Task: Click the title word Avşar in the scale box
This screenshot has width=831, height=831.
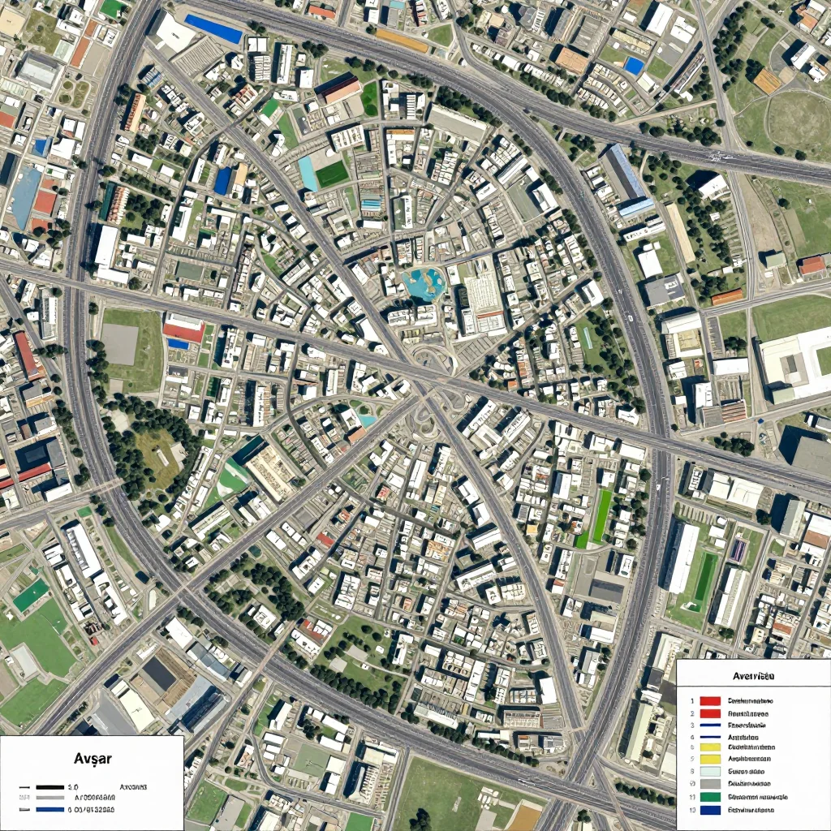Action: pos(92,759)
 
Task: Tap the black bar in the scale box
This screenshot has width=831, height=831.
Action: pos(50,787)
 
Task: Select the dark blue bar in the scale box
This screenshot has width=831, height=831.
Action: pos(50,809)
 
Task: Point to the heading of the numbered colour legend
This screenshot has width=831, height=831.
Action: pos(752,675)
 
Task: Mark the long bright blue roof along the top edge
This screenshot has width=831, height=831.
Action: pos(213,29)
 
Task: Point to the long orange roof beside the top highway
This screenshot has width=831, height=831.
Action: pos(402,41)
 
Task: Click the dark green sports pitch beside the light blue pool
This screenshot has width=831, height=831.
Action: pos(332,174)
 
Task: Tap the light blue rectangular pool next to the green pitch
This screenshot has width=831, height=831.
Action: pos(308,173)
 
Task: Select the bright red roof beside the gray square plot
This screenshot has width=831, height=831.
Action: pos(184,328)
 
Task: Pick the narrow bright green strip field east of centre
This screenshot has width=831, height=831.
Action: pos(601,516)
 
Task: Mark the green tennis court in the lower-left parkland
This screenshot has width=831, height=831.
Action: pos(31,596)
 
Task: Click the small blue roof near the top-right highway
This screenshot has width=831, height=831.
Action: pos(634,66)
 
